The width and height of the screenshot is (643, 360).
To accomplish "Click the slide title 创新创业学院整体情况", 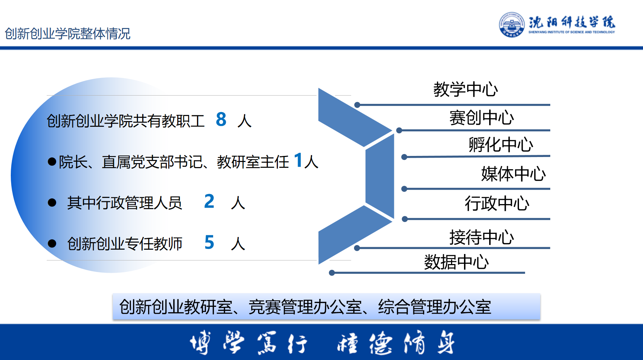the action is pos(68,33).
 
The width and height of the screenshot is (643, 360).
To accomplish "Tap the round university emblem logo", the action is pos(512,24).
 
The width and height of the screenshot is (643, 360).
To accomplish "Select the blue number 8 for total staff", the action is pos(221,119).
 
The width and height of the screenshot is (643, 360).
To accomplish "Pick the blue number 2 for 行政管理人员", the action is pos(209,201).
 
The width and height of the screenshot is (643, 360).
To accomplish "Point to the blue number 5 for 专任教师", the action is pos(209,242).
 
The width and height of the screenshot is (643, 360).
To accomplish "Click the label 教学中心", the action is pos(465,89).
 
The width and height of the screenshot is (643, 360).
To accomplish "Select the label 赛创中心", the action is pos(482,117).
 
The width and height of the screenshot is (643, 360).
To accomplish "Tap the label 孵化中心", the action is pos(501,144).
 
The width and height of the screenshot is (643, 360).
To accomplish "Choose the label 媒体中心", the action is pos(513,174).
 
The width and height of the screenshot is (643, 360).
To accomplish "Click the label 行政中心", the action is pos(497,203).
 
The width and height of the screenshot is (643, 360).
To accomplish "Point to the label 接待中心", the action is pos(482,237).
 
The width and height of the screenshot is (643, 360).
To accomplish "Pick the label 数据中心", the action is pos(456,262).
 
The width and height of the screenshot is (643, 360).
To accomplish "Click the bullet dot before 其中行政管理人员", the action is pos(52,203).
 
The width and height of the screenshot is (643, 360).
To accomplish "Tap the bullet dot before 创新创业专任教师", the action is pos(52,244).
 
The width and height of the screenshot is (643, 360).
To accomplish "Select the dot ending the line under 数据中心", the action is pos(332,273).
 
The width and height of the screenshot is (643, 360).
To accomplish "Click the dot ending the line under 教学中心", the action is pos(357,105).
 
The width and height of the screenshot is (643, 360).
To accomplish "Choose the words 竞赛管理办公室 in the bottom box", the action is pos(305,307).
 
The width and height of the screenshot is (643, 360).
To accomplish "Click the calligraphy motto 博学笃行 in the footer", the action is pos(248,342).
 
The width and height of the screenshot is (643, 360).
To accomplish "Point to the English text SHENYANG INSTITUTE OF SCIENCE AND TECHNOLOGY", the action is pos(571,32).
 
